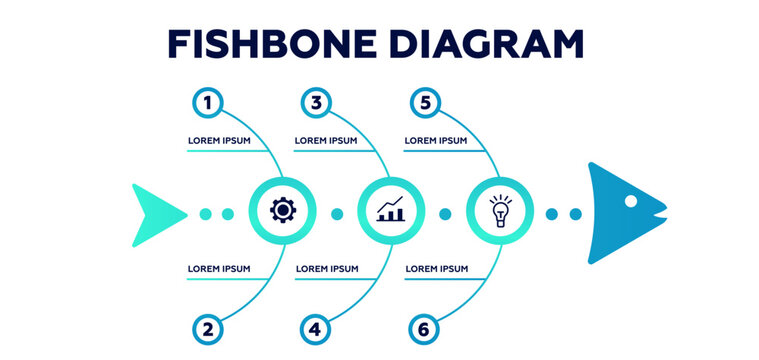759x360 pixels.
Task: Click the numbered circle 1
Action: [x=207, y=101]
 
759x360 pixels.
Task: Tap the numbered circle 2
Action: [x=207, y=328]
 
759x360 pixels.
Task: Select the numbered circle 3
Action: [x=316, y=101]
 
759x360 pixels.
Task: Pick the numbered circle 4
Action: [x=316, y=328]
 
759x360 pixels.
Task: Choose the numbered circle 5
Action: [x=425, y=101]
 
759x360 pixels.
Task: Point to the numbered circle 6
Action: [x=425, y=328]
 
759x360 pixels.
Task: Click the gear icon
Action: [x=283, y=211]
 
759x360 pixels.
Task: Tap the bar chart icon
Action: [x=391, y=211]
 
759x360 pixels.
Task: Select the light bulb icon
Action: [x=499, y=211]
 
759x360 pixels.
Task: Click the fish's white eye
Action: [x=631, y=201]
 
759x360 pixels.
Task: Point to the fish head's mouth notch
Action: [x=657, y=213]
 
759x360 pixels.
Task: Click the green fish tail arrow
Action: [x=155, y=213]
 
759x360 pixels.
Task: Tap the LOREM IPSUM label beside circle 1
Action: [x=219, y=141]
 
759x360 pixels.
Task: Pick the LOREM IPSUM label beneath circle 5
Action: [x=436, y=141]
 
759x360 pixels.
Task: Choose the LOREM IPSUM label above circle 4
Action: [x=327, y=268]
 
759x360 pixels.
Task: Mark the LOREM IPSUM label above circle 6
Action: [x=436, y=268]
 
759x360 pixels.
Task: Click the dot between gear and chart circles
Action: [x=337, y=213]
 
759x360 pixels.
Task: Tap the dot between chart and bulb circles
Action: [x=445, y=213]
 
